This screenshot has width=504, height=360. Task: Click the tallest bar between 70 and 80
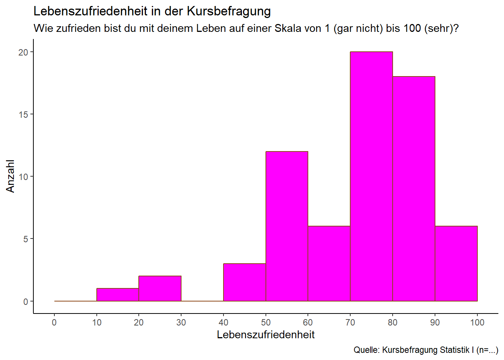pyautogui.click(x=371, y=176)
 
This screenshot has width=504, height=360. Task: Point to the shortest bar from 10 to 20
pyautogui.click(x=118, y=295)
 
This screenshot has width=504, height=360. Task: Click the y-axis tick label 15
pyautogui.click(x=23, y=114)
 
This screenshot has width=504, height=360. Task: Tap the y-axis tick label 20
pyautogui.click(x=23, y=52)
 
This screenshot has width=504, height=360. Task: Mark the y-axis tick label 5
pyautogui.click(x=25, y=239)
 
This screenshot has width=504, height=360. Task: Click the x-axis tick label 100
pyautogui.click(x=477, y=322)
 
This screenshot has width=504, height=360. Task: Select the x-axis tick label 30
pyautogui.click(x=181, y=322)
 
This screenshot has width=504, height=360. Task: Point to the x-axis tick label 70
pyautogui.click(x=350, y=322)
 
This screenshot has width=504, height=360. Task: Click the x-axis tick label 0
pyautogui.click(x=54, y=322)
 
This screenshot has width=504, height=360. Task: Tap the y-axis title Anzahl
pyautogui.click(x=10, y=176)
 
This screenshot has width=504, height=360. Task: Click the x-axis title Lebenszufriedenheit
pyautogui.click(x=265, y=335)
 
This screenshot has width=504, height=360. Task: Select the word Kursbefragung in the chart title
pyautogui.click(x=229, y=11)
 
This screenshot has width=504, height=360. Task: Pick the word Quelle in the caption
pyautogui.click(x=366, y=350)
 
